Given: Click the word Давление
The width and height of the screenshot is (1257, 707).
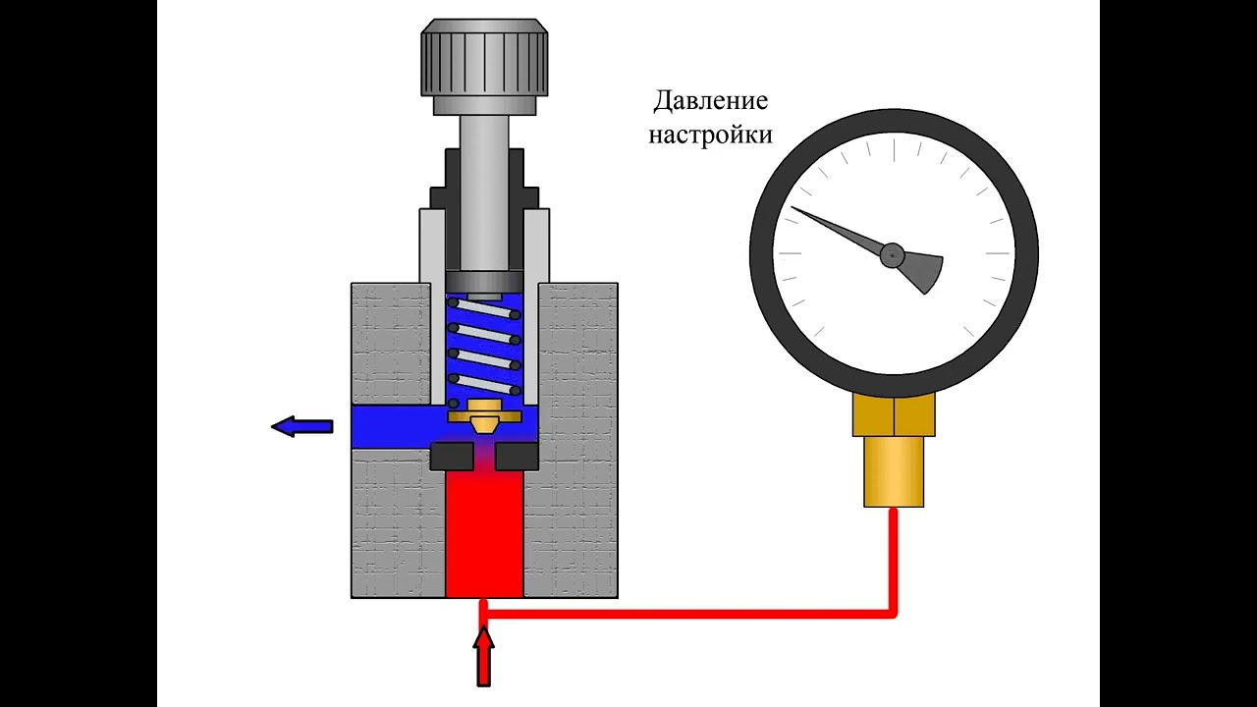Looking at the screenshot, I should (710, 101).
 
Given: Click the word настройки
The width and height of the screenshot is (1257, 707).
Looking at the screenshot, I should (710, 135).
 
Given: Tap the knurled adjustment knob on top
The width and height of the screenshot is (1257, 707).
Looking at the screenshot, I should (484, 58).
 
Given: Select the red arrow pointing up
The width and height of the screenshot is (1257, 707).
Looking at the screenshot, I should (483, 656).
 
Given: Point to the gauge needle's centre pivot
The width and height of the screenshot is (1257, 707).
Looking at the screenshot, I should (892, 255).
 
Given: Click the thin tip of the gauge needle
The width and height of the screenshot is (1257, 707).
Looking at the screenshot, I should (795, 209).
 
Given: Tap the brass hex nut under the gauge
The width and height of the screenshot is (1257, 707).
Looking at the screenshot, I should (894, 413).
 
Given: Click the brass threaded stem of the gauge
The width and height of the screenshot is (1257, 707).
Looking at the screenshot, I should (894, 471).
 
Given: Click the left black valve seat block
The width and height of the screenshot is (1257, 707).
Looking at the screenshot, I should (451, 456).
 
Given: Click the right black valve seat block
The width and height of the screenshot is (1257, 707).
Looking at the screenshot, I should (517, 456).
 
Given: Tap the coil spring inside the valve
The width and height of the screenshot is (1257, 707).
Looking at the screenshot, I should (483, 349).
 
